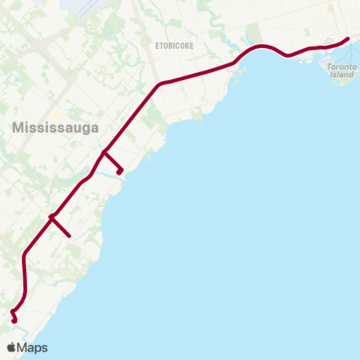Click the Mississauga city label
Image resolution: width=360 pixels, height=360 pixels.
(x=55, y=127)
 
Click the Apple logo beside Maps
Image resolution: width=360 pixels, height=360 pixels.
(x=11, y=347)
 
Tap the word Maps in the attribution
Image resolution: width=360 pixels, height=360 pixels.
(x=32, y=347)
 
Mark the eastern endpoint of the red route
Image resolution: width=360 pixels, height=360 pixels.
(x=348, y=38)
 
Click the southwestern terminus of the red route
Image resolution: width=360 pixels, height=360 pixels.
(x=15, y=322)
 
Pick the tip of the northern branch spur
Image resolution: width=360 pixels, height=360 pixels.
(x=119, y=172)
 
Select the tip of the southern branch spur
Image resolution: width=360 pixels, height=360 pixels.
(x=70, y=236)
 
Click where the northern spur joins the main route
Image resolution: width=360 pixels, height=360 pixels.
(x=103, y=153)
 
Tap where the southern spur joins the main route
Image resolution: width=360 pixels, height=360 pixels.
(x=51, y=217)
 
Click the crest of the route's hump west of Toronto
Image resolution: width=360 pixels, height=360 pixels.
(x=262, y=46)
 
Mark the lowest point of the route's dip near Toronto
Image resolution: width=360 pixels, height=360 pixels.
(x=289, y=55)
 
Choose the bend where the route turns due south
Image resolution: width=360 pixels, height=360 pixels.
(x=25, y=255)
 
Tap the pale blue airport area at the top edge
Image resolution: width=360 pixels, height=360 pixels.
(x=94, y=6)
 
